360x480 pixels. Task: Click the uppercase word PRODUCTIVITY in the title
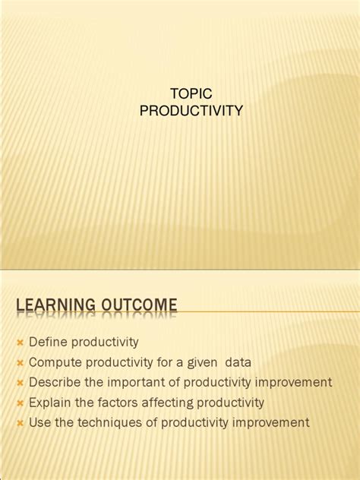[x=191, y=112]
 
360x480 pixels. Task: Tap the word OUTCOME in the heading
[x=136, y=305]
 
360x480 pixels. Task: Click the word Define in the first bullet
[x=46, y=343]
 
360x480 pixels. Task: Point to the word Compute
[x=53, y=362]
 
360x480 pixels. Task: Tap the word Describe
[x=55, y=382]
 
